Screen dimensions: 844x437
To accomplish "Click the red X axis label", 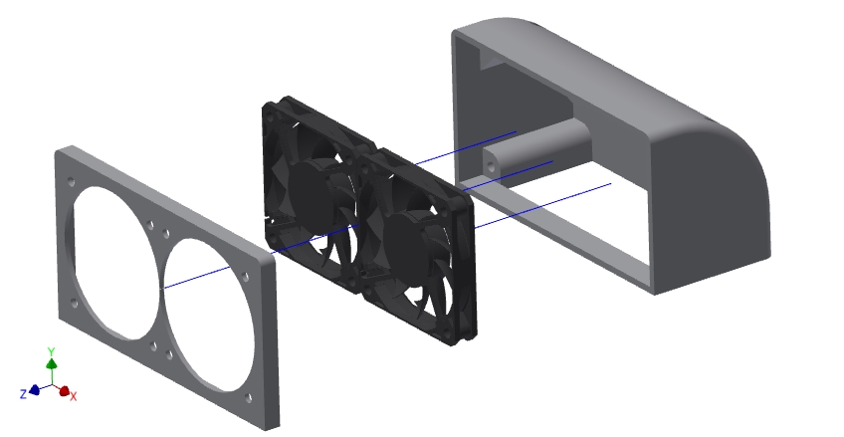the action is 74,396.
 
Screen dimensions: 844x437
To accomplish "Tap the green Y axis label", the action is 51,351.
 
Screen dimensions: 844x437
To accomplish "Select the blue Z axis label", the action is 23,394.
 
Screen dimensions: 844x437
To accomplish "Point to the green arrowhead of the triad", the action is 52,363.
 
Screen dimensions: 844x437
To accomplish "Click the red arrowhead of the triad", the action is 65,391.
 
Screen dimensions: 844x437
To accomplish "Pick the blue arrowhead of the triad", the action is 35,389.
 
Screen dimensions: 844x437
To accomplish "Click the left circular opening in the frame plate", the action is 112,263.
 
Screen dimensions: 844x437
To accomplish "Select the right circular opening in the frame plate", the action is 208,315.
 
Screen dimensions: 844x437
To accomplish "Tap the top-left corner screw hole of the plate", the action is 72,182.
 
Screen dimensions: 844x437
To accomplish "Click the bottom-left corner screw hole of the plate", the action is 75,304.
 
